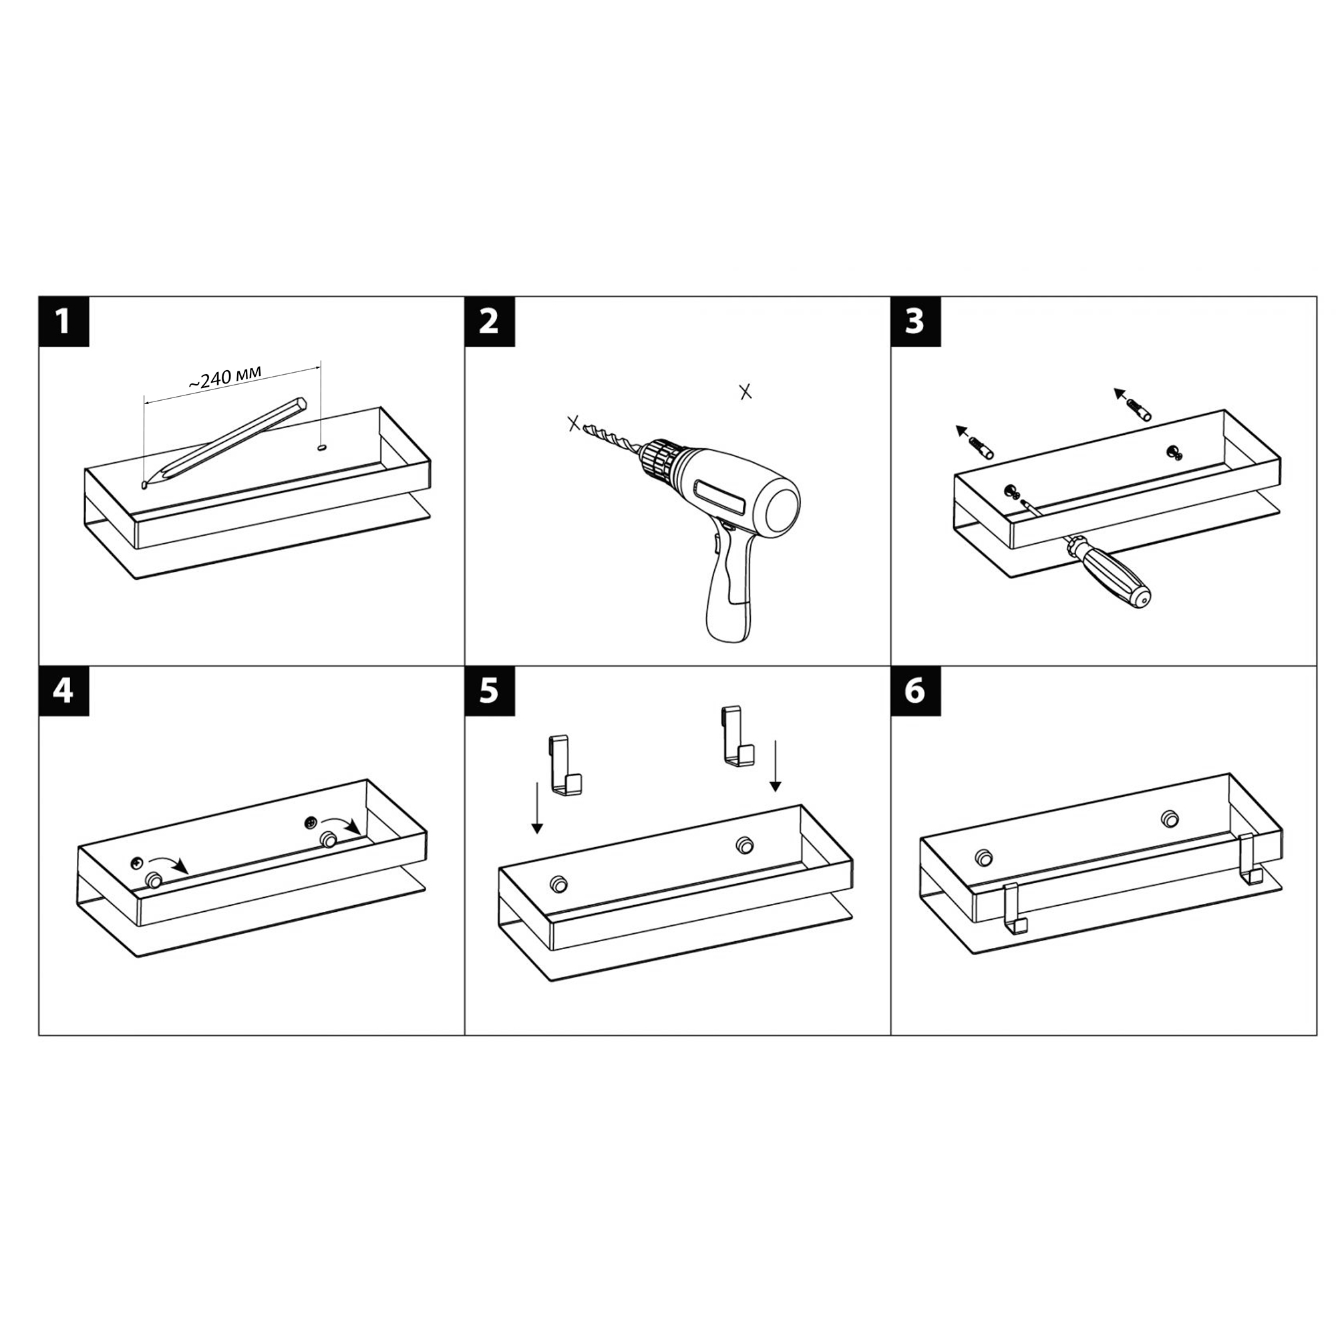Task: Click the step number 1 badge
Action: (x=63, y=321)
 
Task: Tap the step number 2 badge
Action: (x=490, y=321)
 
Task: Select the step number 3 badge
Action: (x=916, y=321)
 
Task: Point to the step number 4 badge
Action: (x=63, y=691)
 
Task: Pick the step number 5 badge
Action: (x=490, y=691)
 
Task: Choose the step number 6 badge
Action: (x=916, y=691)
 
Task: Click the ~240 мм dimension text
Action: (x=224, y=377)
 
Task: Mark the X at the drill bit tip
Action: (x=573, y=424)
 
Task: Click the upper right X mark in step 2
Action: (x=745, y=392)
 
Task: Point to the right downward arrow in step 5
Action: (x=775, y=766)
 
